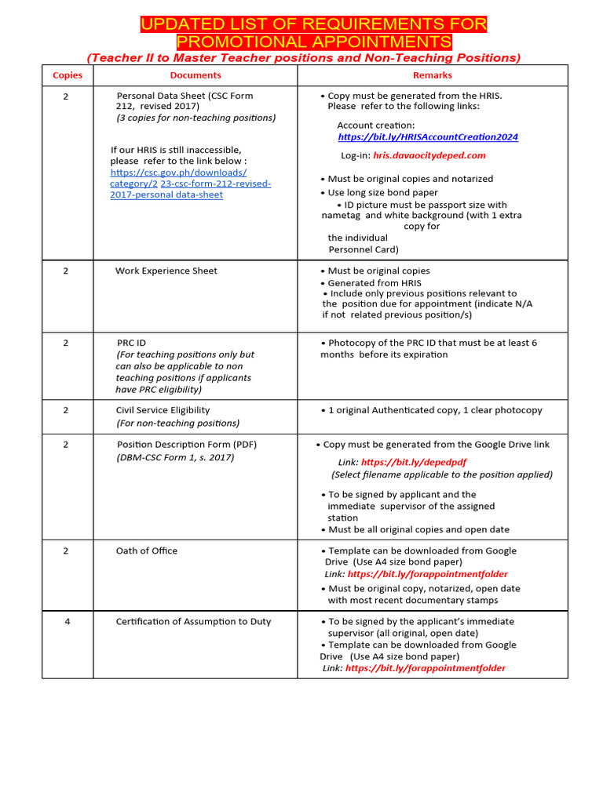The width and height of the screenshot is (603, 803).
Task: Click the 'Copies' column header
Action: coord(67,75)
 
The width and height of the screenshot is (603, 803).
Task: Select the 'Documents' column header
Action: coord(196,75)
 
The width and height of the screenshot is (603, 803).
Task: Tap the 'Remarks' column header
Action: coord(433,75)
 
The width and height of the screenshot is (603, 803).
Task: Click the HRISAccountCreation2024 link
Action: coord(428,136)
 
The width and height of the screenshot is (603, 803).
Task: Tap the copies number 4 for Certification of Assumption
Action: coord(67,621)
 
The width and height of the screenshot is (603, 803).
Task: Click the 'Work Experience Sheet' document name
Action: coord(166,271)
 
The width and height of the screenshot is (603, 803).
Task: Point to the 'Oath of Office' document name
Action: coord(147,550)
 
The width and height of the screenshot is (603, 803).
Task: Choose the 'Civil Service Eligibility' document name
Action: coord(163,410)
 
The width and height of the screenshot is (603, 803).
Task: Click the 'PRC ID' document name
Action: coord(131,343)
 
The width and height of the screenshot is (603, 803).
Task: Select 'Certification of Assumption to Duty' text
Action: coord(193,621)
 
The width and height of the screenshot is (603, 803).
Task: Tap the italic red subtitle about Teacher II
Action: coord(303,58)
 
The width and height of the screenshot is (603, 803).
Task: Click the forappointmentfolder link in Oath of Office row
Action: coord(427,574)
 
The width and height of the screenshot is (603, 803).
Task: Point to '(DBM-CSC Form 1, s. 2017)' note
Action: coord(175,457)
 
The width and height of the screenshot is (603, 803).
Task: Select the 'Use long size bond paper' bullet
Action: coord(382,192)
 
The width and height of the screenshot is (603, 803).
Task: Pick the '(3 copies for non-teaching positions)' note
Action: coord(196,118)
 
